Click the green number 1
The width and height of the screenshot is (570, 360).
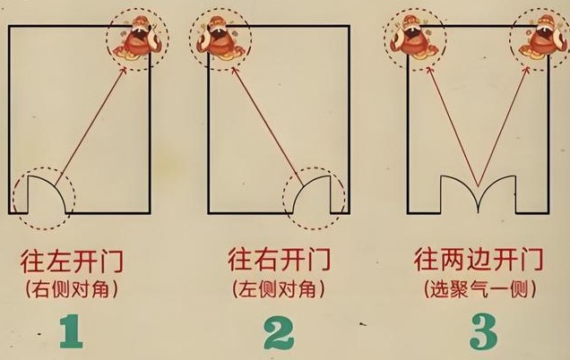pyautogui.click(x=72, y=331)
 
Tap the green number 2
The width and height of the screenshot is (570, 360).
pyautogui.click(x=279, y=331)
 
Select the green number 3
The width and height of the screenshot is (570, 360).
pyautogui.click(x=483, y=331)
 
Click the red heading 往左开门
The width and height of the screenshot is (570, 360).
pyautogui.click(x=72, y=261)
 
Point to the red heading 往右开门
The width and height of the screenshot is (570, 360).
pyautogui.click(x=280, y=259)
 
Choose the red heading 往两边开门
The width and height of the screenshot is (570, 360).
pyautogui.click(x=479, y=260)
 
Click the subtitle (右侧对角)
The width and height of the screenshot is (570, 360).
pyautogui.click(x=72, y=290)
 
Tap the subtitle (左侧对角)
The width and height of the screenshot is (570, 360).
pyautogui.click(x=279, y=289)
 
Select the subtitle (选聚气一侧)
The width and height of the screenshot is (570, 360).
pyautogui.click(x=479, y=289)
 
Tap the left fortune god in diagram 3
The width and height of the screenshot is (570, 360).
pyautogui.click(x=413, y=38)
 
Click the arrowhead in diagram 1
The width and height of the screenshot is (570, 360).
pyautogui.click(x=124, y=70)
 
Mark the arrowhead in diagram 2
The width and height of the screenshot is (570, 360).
pyautogui.click(x=234, y=70)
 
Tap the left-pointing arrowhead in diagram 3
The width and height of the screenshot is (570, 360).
pyautogui.click(x=429, y=70)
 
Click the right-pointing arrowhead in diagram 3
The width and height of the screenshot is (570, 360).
pyautogui.click(x=527, y=70)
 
